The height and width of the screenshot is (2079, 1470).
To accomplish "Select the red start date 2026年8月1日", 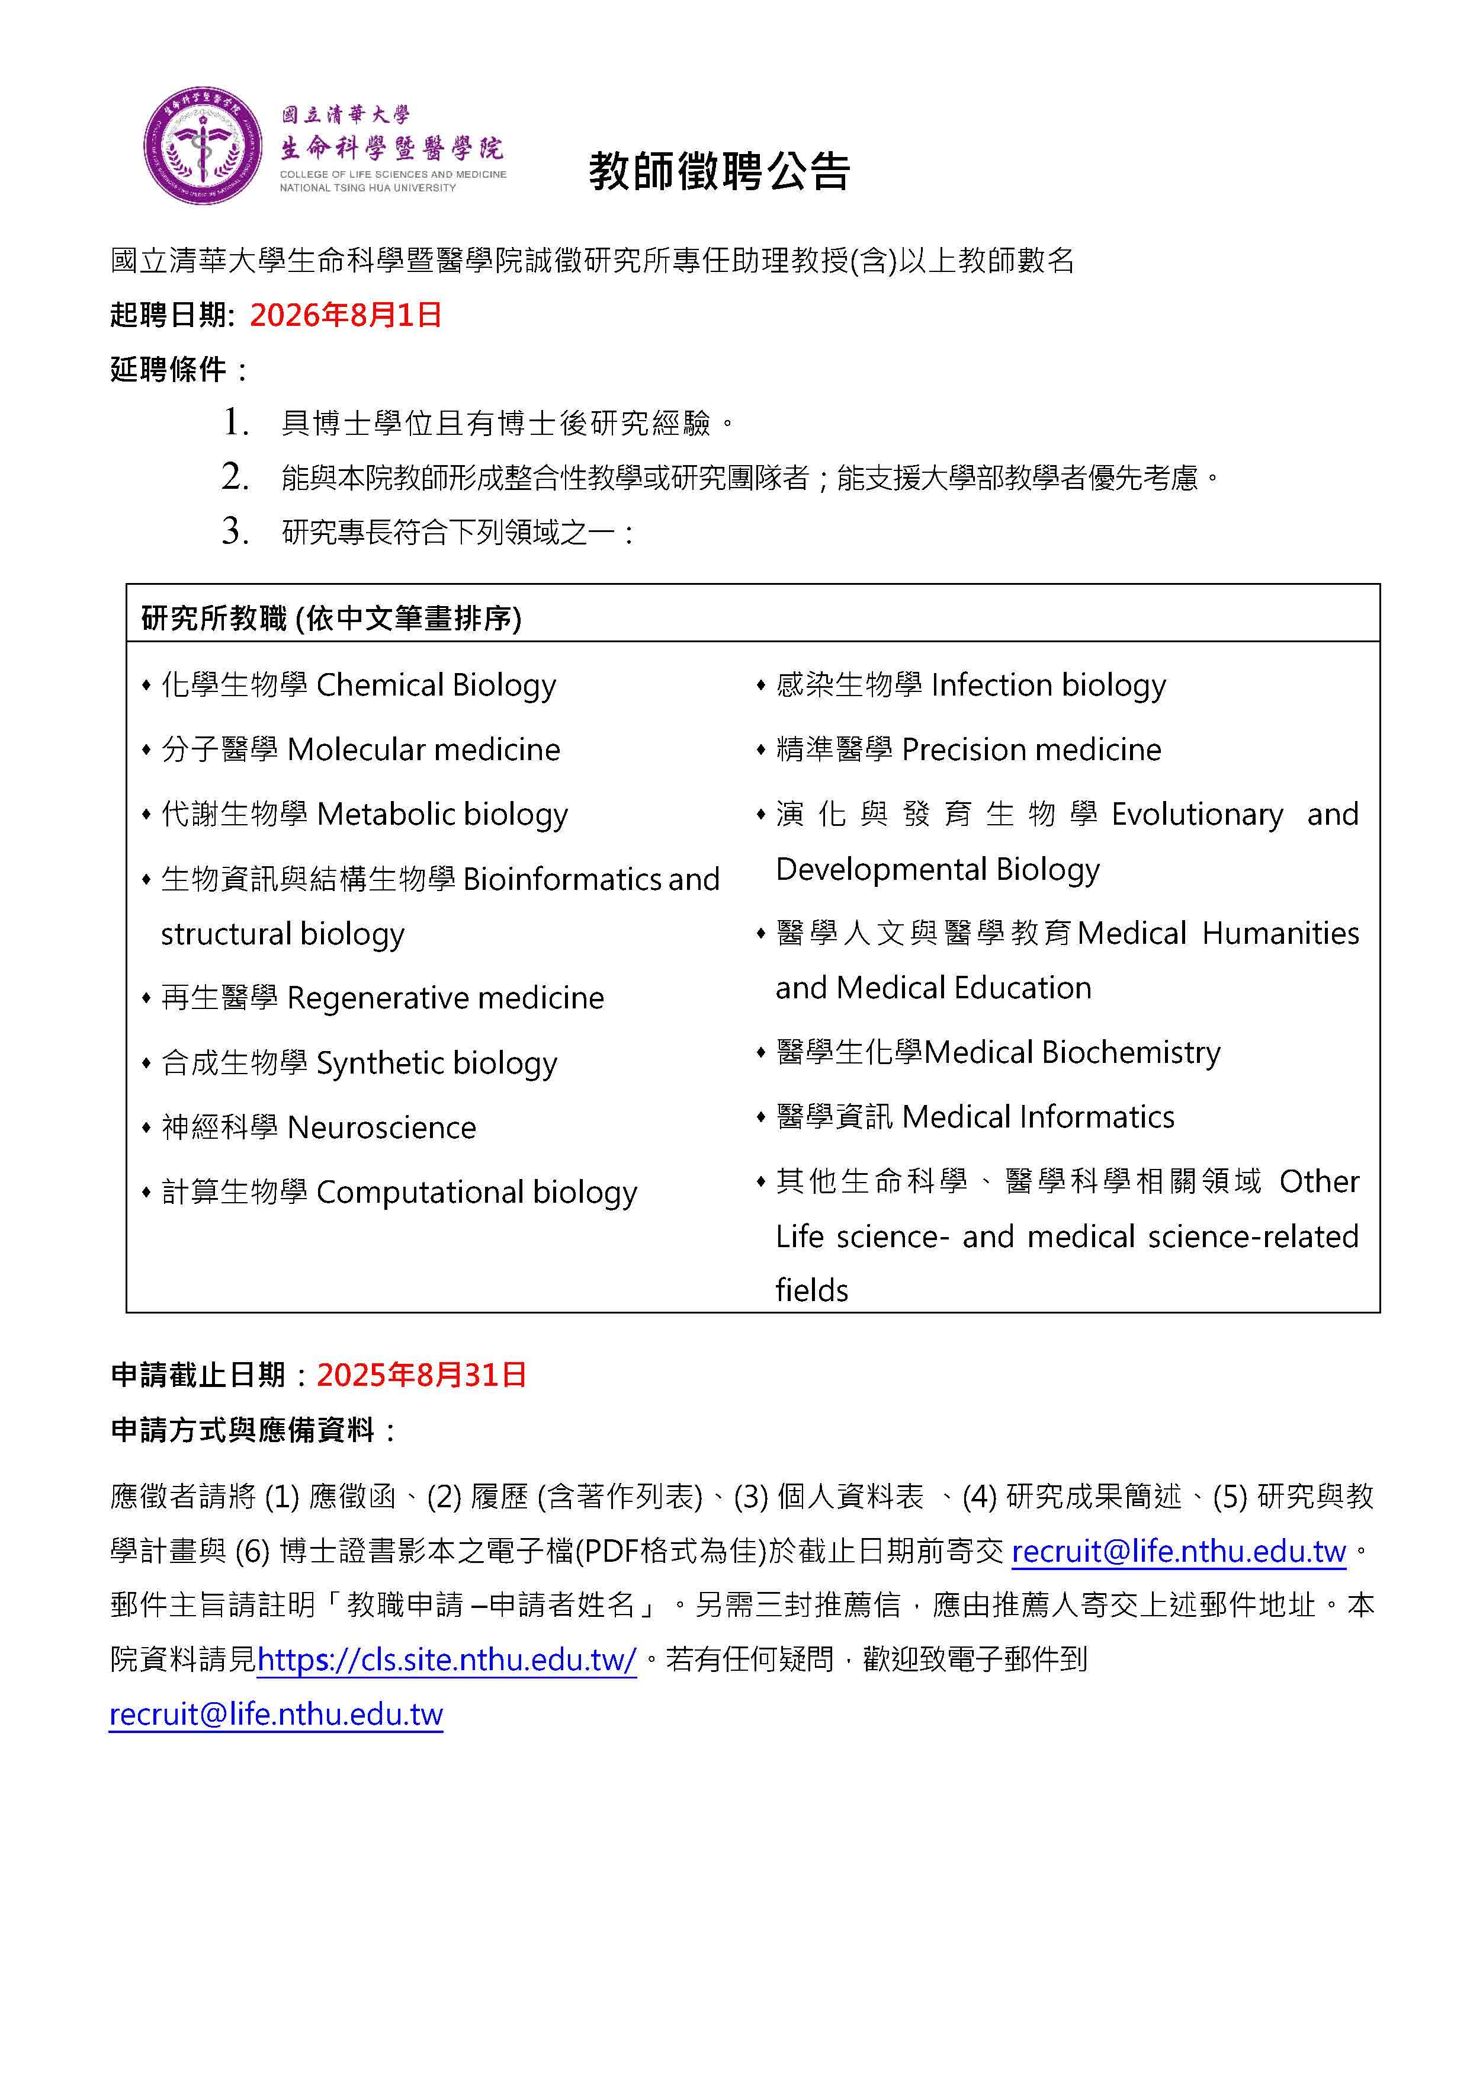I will point(346,315).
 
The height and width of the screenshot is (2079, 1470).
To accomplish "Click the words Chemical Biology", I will point(436,685).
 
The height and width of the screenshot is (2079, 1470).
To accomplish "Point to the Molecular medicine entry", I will point(423,749).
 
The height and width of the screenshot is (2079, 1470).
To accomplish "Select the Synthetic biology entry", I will point(436,1063).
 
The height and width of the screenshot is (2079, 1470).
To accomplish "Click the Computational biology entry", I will point(476,1193).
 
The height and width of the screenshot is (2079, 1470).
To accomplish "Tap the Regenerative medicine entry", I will point(445,998).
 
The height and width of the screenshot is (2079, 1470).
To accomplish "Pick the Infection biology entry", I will point(1048,685).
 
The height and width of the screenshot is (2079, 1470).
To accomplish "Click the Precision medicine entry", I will point(1031,749).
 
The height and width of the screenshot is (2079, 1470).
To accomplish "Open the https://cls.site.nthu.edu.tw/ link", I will point(447,1660).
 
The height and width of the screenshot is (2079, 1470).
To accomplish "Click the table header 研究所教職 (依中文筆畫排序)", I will point(331,619).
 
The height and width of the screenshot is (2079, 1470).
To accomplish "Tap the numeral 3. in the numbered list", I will point(235,531).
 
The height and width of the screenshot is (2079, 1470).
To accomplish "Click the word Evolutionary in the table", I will point(1196,815).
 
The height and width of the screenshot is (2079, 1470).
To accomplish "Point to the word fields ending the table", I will point(812,1290).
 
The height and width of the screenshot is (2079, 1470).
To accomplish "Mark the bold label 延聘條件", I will point(168,370).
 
